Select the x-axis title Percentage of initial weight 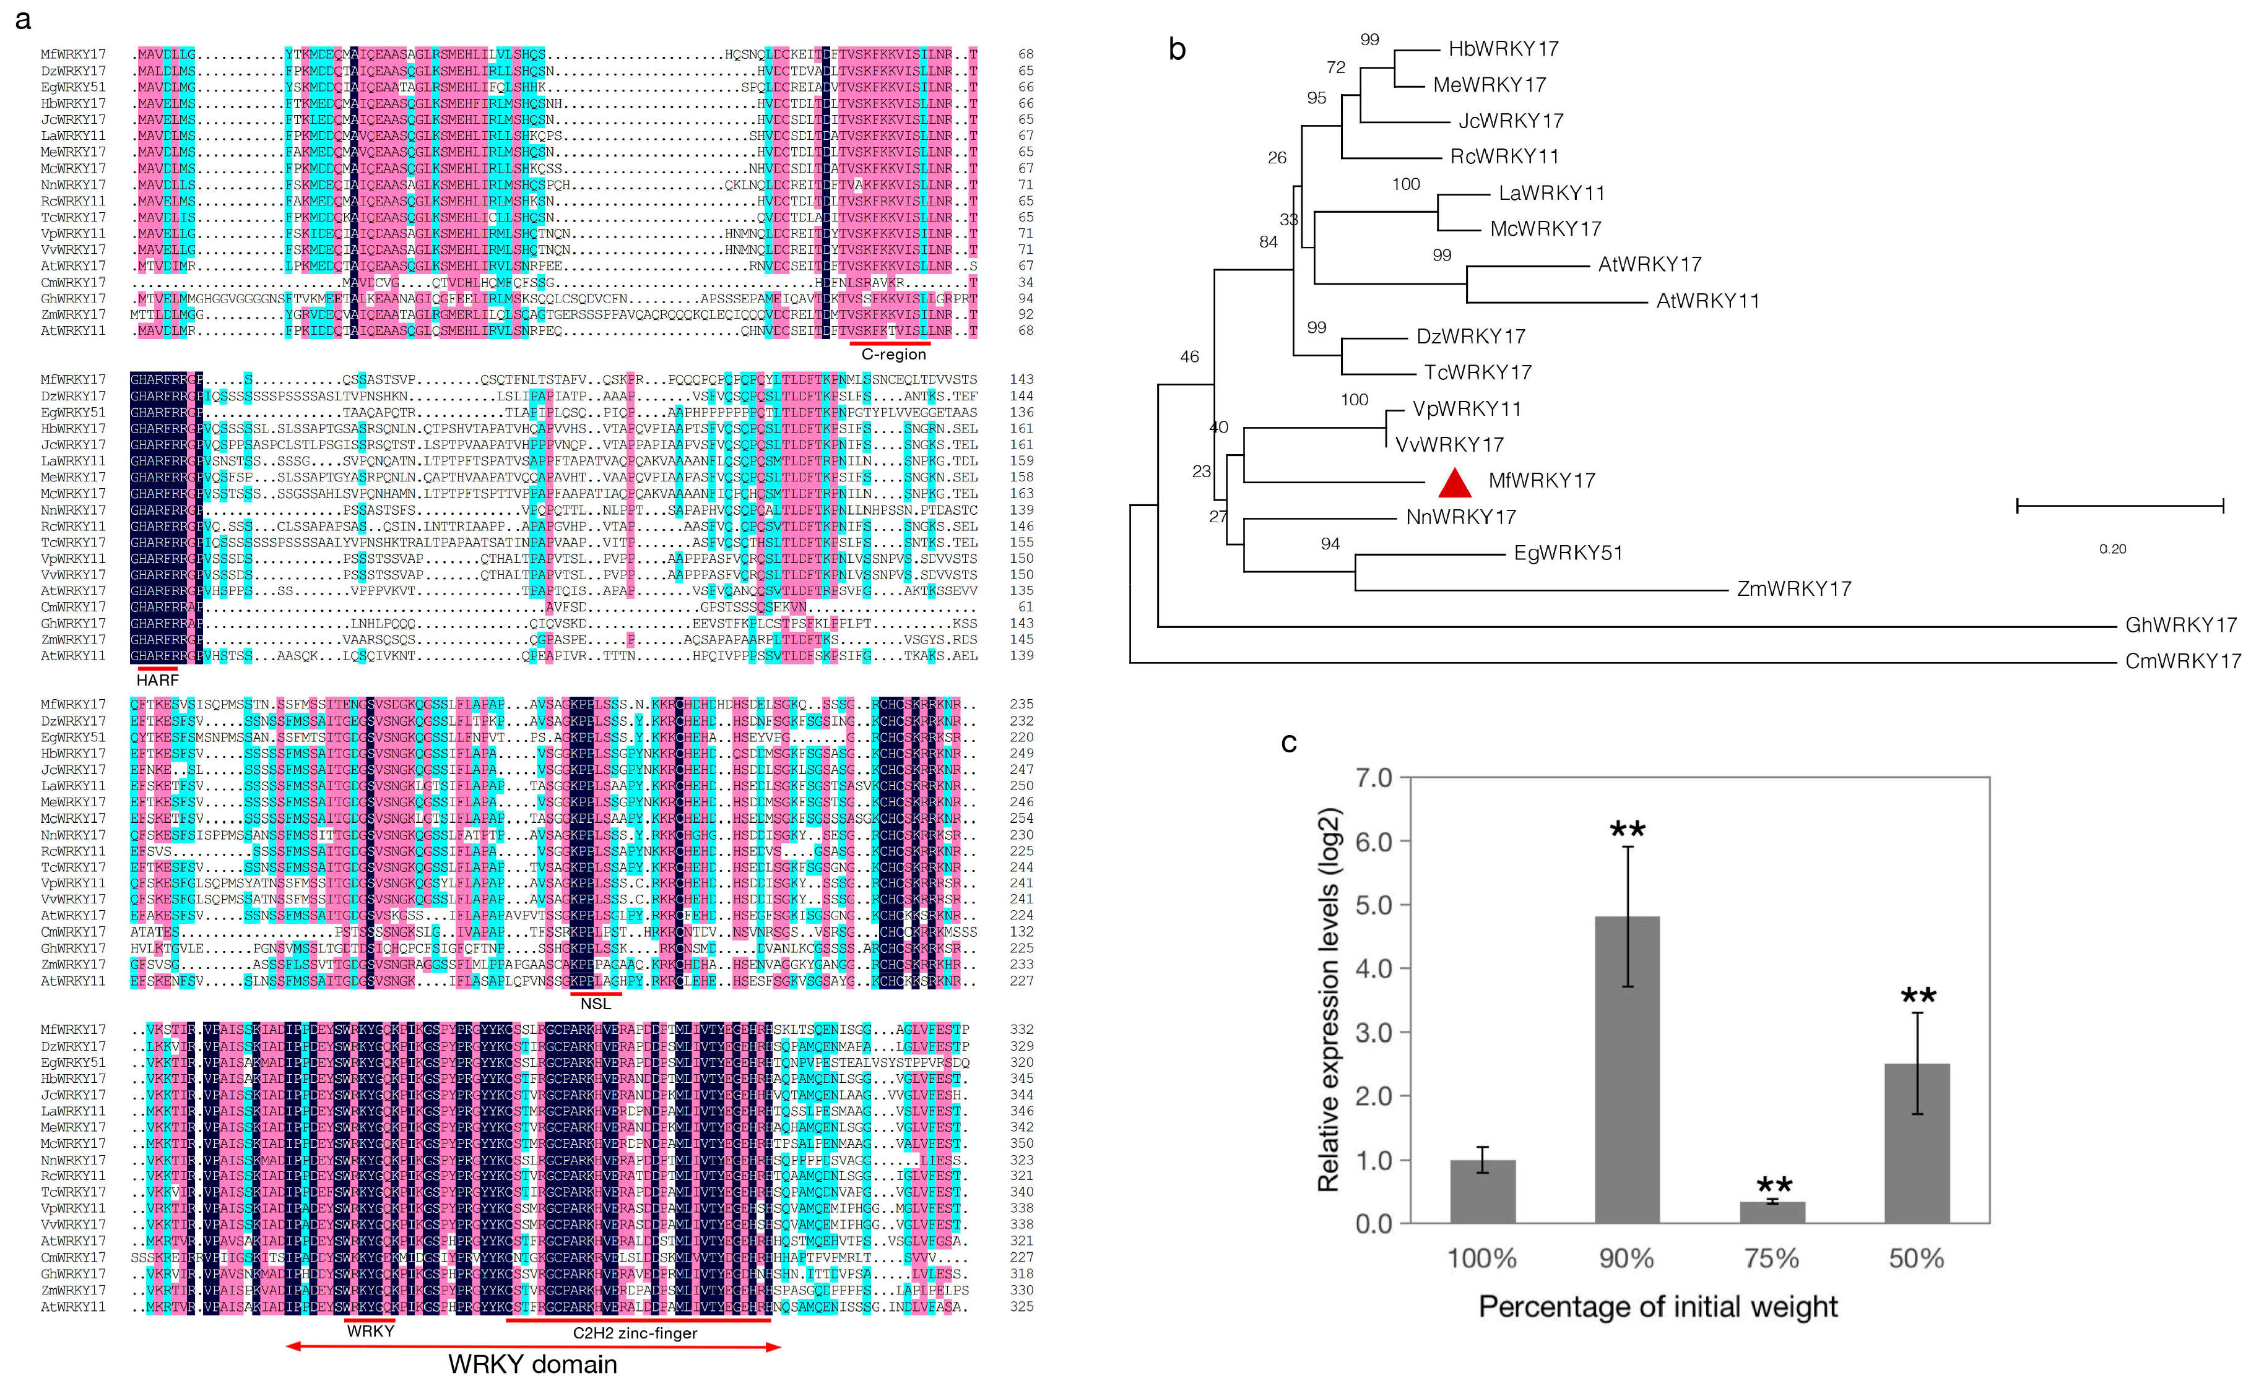pos(1658,1306)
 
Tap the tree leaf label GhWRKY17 pos(2180,625)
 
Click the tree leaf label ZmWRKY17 pos(1793,588)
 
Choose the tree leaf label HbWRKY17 pos(1503,49)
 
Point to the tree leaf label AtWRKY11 pos(1707,301)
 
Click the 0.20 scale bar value pos(2112,549)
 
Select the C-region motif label pos(893,355)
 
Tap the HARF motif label pos(158,680)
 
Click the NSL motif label pos(595,1004)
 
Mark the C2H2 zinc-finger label pos(635,1333)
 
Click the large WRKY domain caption pos(532,1364)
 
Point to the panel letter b pos(1178,49)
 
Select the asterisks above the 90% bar pos(1628,830)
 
